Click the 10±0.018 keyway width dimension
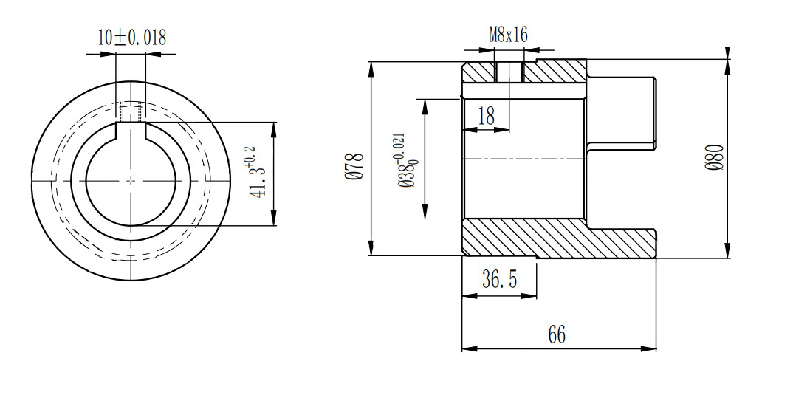pos(132,38)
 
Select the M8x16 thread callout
pos(508,35)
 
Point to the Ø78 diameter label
pos(356,166)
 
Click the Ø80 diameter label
pos(715,157)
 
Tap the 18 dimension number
pos(486,117)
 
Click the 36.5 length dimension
pos(500,278)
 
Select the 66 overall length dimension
pos(556,334)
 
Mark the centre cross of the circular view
pos(131,180)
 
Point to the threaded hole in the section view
pos(509,72)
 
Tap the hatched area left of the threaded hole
pos(478,72)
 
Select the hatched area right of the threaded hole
pos(555,72)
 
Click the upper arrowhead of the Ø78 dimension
pos(371,69)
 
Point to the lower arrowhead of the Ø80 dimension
pos(727,251)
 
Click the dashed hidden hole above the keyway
pos(131,111)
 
